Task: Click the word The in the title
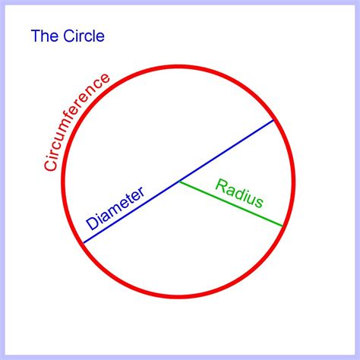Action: [46, 36]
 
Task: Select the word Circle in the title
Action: [84, 36]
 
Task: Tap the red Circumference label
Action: [77, 122]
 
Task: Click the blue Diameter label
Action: [115, 208]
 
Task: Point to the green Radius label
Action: [239, 193]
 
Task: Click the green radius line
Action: [230, 204]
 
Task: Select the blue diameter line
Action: [178, 182]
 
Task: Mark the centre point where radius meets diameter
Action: [178, 182]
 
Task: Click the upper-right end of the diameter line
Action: [273, 120]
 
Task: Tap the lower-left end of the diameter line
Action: [84, 243]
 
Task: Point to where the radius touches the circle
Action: [282, 226]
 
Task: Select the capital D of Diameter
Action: [92, 224]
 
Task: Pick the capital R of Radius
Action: [221, 185]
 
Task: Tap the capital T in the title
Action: [35, 36]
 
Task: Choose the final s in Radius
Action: [260, 203]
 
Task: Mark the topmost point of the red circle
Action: [178, 67]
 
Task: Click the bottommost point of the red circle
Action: [178, 297]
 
